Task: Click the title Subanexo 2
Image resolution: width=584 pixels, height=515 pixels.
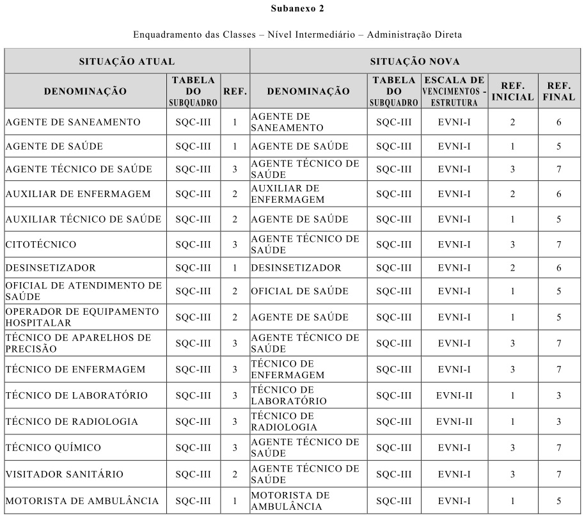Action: pos(292,9)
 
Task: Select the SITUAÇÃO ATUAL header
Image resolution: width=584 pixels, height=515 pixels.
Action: pos(127,61)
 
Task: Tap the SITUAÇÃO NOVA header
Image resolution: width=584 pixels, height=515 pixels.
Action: pos(414,61)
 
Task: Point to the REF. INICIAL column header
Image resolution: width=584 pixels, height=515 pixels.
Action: pos(512,91)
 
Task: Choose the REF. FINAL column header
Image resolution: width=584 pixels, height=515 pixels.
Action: pos(558,91)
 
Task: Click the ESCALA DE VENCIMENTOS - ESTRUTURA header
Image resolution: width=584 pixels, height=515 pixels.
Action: pos(454,91)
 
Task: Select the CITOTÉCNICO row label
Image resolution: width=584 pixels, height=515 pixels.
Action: pos(41,244)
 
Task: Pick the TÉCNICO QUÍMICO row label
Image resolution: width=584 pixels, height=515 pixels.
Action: pos(53,447)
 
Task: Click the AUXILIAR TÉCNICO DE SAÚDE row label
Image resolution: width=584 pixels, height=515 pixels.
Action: pos(83,219)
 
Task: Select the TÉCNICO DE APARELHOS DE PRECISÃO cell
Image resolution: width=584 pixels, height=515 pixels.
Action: pos(78,343)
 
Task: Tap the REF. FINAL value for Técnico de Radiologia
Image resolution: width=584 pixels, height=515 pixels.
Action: pos(558,422)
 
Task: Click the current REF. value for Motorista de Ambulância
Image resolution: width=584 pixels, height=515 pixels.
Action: pos(235,501)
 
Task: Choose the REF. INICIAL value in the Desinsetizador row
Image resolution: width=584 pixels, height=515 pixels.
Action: pos(512,267)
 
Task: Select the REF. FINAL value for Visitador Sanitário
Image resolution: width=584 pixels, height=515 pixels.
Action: pos(558,474)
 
